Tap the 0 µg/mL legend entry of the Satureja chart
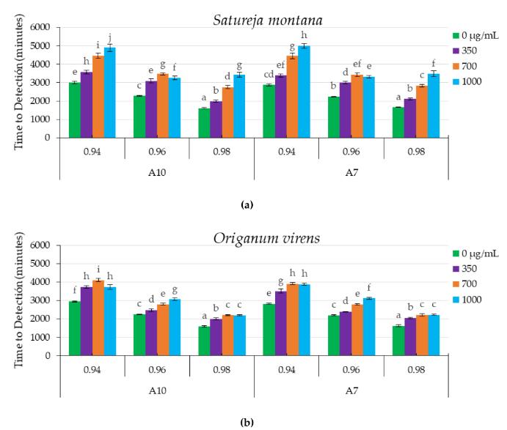[483, 34]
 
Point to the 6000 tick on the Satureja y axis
[41, 27]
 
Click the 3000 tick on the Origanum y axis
[41, 300]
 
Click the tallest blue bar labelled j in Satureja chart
[110, 92]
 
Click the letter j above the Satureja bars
[110, 37]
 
